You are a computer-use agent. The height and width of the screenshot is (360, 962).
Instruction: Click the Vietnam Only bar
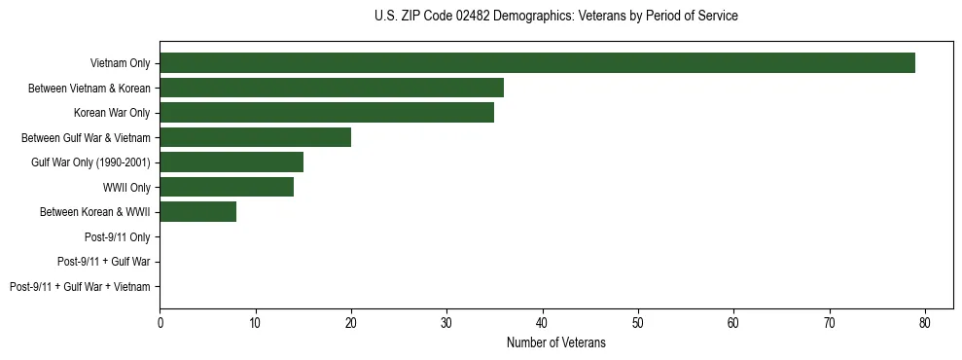pos(537,63)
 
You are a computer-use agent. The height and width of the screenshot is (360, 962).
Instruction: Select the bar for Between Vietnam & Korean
pos(332,88)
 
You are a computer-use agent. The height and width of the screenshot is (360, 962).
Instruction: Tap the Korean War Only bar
pos(327,113)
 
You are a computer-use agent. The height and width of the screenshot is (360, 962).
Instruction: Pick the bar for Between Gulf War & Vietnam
pos(255,137)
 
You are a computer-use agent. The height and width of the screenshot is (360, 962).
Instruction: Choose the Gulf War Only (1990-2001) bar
pos(232,162)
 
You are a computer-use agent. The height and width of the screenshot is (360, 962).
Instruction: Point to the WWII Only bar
pos(227,187)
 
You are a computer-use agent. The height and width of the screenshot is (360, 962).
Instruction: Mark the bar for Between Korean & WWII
pos(197,212)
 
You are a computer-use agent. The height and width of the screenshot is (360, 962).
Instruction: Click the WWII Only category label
pos(126,187)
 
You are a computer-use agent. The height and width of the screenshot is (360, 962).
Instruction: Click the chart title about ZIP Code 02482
pos(555,17)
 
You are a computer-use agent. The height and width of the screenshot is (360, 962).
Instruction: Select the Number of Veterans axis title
pos(555,342)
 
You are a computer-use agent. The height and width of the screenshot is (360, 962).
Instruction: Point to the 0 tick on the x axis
pos(160,321)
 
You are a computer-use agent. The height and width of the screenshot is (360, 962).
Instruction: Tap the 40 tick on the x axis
pos(543,321)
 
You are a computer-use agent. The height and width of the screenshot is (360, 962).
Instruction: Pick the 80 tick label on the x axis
pos(925,321)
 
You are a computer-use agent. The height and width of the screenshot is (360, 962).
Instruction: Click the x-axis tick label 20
pos(351,321)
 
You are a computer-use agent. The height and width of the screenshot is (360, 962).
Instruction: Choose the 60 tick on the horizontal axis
pos(733,321)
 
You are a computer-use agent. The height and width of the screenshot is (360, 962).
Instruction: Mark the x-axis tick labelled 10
pos(255,321)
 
